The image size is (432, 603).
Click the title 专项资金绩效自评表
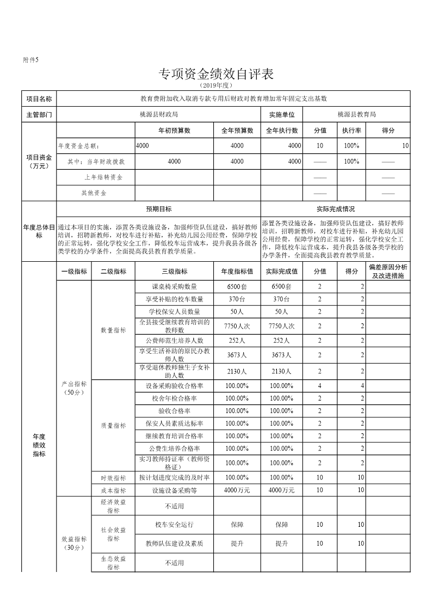coord(215,74)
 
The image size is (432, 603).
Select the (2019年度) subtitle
coord(216,85)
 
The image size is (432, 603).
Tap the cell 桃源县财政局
coord(158,114)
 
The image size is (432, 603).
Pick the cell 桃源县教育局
coord(356,114)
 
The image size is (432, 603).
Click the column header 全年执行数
coord(282,131)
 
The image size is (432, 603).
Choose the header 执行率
coord(351,131)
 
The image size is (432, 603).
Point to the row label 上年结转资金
coord(103,177)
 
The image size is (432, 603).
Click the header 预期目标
coord(158,209)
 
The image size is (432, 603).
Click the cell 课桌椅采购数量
coord(174,287)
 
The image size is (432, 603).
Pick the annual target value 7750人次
coord(237,326)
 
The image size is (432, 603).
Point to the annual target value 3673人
coord(237,355)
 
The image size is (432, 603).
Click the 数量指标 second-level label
coord(113,330)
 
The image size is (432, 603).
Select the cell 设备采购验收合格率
coord(174,386)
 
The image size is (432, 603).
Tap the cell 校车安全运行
coord(174,525)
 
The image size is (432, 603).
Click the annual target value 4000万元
coord(237,490)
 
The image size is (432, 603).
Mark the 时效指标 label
coord(113,478)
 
